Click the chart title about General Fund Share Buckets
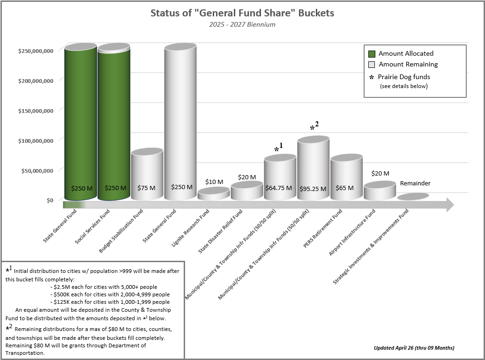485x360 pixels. [x=242, y=13]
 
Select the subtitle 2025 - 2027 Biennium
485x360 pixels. [x=242, y=24]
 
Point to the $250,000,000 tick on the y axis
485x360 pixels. [x=36, y=51]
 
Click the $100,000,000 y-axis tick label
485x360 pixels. [x=36, y=140]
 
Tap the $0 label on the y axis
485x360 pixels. [x=49, y=200]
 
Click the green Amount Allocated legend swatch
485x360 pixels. [x=372, y=54]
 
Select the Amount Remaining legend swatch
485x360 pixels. [x=372, y=65]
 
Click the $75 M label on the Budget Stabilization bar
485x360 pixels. [x=146, y=188]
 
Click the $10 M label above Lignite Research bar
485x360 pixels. [x=214, y=182]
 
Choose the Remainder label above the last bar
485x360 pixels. [x=415, y=184]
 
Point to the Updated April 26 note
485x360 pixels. [x=414, y=348]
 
